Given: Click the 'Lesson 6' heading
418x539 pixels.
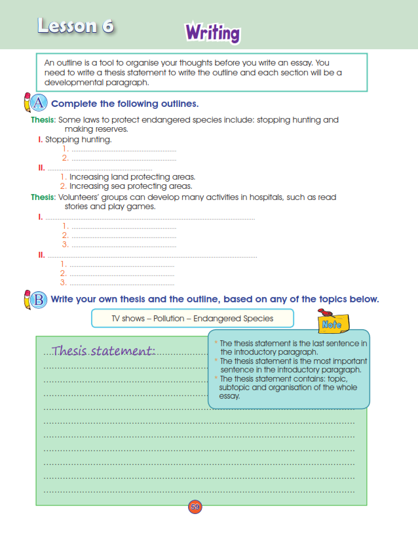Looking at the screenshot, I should pyautogui.click(x=75, y=26).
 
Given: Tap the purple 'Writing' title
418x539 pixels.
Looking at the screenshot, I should pyautogui.click(x=212, y=32).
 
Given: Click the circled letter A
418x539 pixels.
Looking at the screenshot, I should pyautogui.click(x=39, y=103).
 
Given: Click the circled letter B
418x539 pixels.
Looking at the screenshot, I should pyautogui.click(x=39, y=300).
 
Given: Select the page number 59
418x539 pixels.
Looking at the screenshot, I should pyautogui.click(x=195, y=507).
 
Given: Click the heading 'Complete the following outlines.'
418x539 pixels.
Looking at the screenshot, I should pyautogui.click(x=124, y=104).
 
